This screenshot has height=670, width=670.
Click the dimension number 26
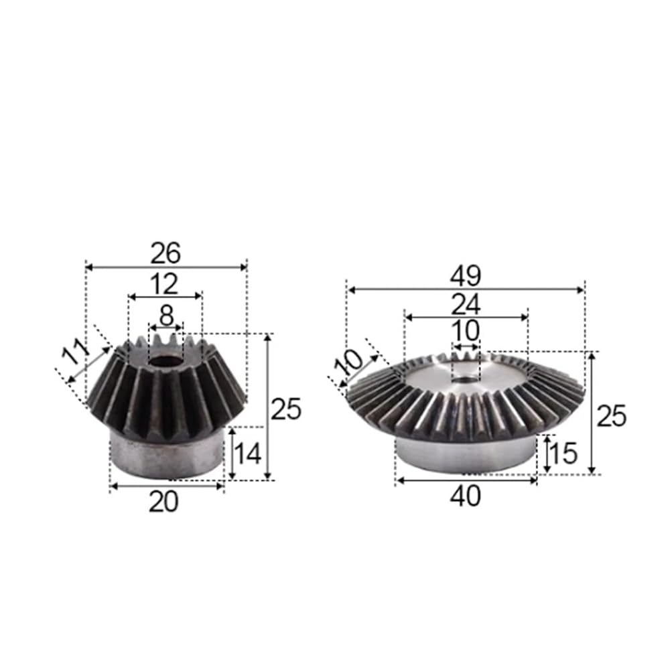pos(165,253)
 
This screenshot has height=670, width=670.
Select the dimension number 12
pos(165,284)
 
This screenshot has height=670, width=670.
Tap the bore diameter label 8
pos(165,317)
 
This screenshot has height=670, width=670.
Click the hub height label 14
pos(248,454)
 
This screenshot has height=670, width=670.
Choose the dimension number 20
pos(163,502)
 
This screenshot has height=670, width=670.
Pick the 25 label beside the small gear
pos(286,409)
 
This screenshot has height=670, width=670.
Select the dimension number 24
pos(466,304)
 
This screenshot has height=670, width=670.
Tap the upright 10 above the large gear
pos(466,331)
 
